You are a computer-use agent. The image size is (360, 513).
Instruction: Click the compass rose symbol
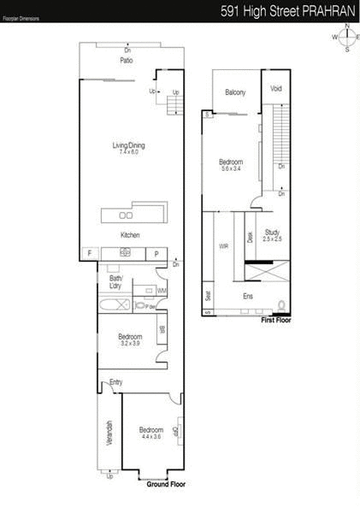[346, 37]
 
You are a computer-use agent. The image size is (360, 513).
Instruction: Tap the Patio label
[127, 61]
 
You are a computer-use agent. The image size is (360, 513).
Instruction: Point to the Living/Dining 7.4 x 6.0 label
[129, 149]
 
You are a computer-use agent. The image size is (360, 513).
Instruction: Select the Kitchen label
[129, 234]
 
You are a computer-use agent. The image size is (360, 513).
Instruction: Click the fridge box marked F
[88, 253]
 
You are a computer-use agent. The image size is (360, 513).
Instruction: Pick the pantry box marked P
[157, 253]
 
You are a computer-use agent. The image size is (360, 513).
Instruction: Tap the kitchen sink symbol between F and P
[125, 252]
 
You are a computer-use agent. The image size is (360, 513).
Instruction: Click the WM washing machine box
[161, 292]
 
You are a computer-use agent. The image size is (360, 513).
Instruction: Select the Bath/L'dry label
[116, 283]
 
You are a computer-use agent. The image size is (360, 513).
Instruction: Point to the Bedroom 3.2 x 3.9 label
[129, 340]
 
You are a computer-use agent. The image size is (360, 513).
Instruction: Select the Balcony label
[235, 92]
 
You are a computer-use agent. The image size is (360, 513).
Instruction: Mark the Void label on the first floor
[276, 89]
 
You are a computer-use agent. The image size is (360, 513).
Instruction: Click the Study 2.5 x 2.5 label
[273, 235]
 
